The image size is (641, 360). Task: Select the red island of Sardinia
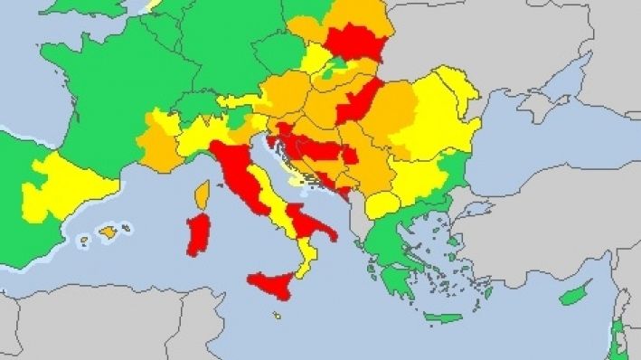tap(197, 234)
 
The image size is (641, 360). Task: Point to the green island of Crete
tap(443, 318)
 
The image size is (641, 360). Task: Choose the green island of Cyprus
tap(575, 294)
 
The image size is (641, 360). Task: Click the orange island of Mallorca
tap(108, 232)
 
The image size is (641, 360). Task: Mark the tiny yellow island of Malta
tap(276, 316)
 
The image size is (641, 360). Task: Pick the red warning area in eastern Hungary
tap(359, 99)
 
